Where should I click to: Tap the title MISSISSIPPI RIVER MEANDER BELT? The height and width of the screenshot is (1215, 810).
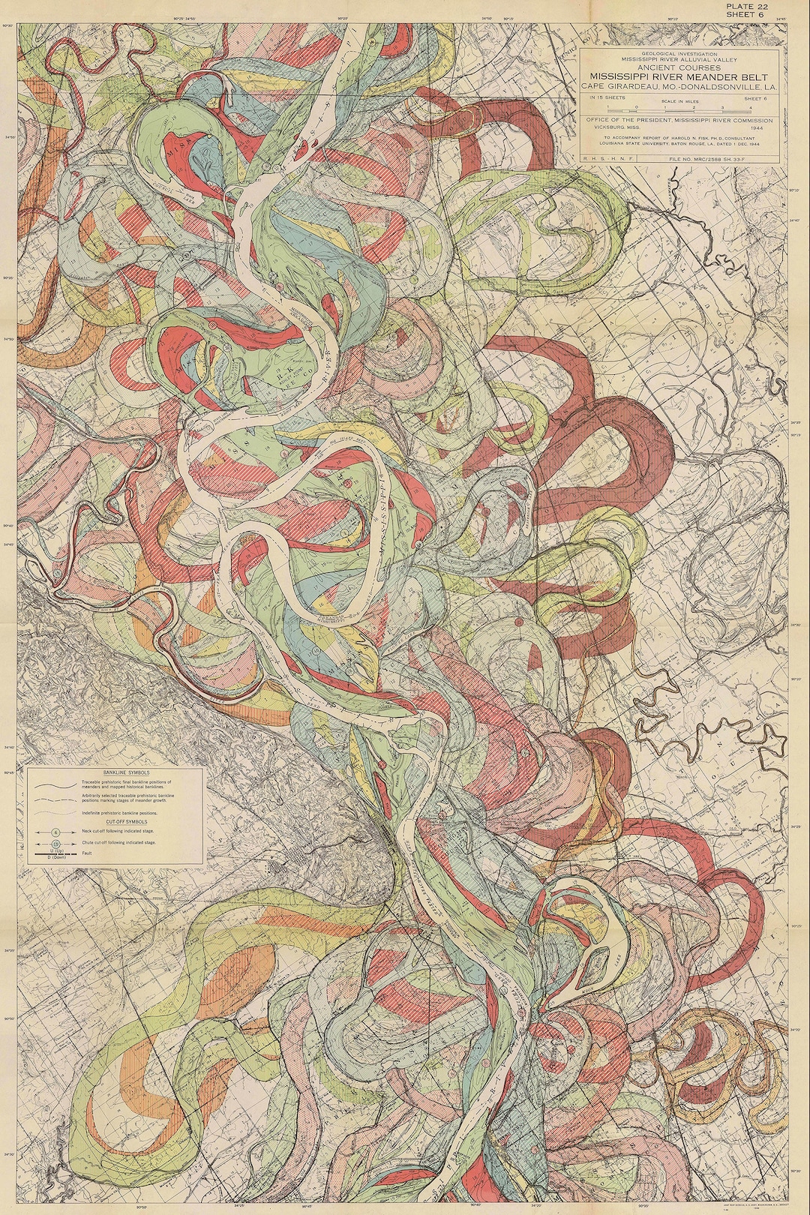(682, 76)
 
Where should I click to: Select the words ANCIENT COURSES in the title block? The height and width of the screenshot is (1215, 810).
(682, 67)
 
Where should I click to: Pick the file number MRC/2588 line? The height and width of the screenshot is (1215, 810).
(719, 157)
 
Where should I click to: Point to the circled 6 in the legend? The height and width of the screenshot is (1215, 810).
(55, 832)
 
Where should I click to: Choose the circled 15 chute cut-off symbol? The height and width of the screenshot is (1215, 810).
(55, 844)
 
